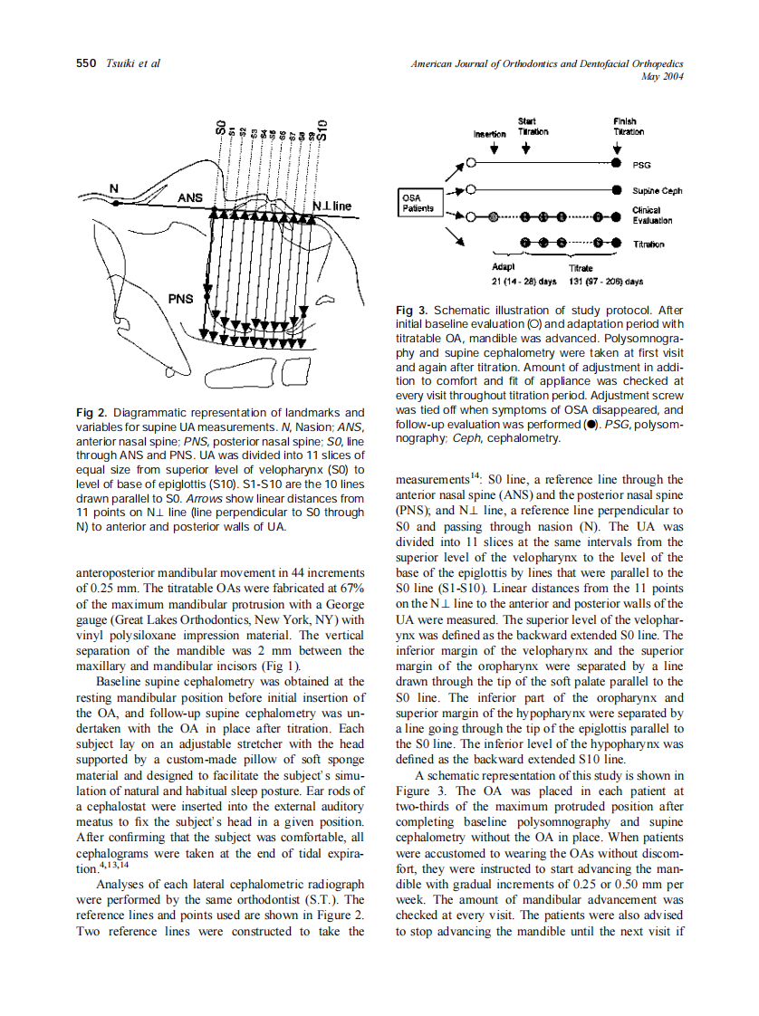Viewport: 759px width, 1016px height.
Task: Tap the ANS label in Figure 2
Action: (190, 197)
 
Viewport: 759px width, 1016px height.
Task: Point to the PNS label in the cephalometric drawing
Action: (180, 298)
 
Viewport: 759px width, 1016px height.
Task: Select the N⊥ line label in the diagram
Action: (331, 206)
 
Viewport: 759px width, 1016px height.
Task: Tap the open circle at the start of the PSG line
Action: (472, 164)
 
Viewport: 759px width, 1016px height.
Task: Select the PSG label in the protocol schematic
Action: (640, 165)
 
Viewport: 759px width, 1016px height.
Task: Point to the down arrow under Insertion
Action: (494, 148)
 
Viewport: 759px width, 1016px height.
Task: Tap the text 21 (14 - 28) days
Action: (524, 282)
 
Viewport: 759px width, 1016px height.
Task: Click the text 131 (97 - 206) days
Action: (606, 282)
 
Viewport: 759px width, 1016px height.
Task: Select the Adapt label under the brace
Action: (504, 268)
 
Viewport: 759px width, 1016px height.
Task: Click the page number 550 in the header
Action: (84, 63)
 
